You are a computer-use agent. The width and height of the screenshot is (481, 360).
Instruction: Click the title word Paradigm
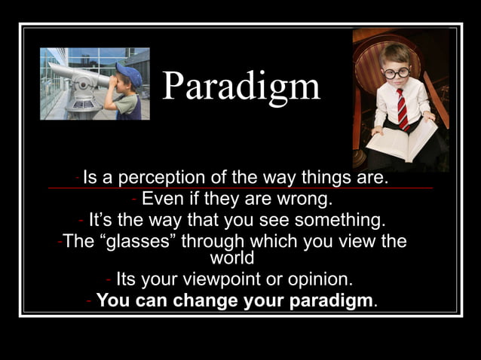241,87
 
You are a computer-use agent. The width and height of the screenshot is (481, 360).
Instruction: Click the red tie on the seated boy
403,109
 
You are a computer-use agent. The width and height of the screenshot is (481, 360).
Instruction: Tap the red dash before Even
133,200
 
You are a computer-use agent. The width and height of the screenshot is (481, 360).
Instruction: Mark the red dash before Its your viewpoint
109,279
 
